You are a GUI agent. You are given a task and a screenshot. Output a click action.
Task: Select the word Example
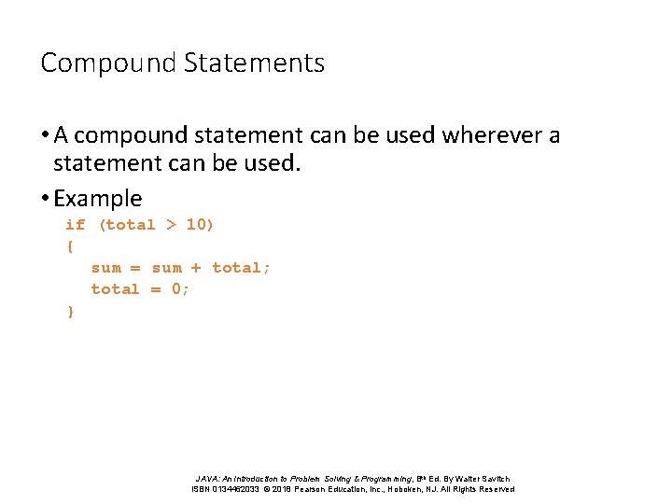pyautogui.click(x=98, y=198)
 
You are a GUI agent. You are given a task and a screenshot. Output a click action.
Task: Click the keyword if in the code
pyautogui.click(x=75, y=225)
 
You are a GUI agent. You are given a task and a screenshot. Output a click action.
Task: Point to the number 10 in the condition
pyautogui.click(x=199, y=225)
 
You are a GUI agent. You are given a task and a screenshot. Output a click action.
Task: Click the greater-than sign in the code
pyautogui.click(x=171, y=225)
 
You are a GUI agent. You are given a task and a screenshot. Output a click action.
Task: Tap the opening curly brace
pyautogui.click(x=70, y=246)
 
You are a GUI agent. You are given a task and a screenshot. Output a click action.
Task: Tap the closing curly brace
pyautogui.click(x=70, y=312)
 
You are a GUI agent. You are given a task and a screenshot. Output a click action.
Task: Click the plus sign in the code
pyautogui.click(x=196, y=268)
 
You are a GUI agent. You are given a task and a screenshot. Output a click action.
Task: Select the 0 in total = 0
pyautogui.click(x=178, y=289)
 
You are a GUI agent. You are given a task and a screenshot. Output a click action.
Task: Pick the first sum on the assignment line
pyautogui.click(x=105, y=268)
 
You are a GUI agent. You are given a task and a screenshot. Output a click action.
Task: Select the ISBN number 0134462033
pyautogui.click(x=236, y=489)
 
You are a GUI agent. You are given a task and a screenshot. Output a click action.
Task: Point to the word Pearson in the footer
pyautogui.click(x=316, y=489)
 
